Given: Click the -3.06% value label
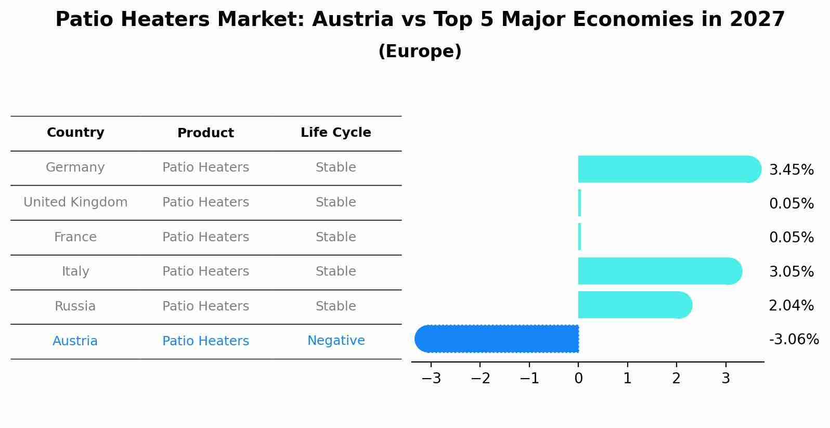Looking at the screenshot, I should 794,340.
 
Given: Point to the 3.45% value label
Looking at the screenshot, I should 791,170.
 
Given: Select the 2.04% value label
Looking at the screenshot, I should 791,306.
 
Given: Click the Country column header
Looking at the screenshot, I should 75,133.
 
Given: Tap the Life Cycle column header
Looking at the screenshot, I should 336,133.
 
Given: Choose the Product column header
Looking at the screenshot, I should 205,133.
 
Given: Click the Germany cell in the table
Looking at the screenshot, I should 75,167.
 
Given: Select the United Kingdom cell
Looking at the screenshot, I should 75,202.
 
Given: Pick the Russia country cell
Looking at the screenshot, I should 75,306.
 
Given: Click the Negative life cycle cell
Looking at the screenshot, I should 336,341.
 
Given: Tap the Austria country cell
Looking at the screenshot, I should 75,341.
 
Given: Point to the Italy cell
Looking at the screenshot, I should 75,271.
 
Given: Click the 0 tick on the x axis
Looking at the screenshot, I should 578,379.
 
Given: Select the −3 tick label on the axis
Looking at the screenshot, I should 431,379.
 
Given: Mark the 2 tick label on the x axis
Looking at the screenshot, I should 676,379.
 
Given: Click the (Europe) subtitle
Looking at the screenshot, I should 420,51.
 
